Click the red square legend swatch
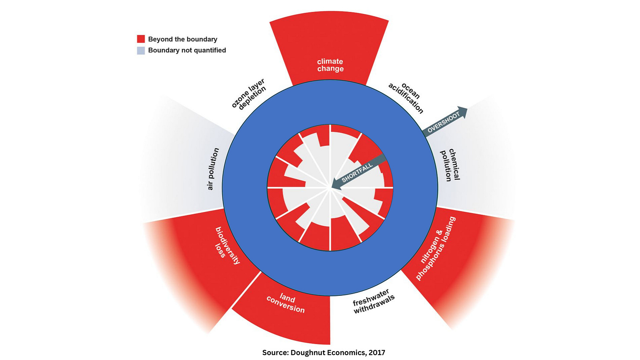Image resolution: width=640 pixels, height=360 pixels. [141, 39]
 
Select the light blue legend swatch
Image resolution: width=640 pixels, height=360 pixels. [141, 51]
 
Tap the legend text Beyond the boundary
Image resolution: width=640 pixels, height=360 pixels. [182, 39]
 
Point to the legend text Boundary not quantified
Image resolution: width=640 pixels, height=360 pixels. [187, 51]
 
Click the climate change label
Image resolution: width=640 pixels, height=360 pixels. [330, 65]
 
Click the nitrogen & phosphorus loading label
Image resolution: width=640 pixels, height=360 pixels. [436, 249]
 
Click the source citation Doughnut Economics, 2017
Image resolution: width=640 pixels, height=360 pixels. [324, 353]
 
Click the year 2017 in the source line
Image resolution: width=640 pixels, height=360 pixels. [377, 353]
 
